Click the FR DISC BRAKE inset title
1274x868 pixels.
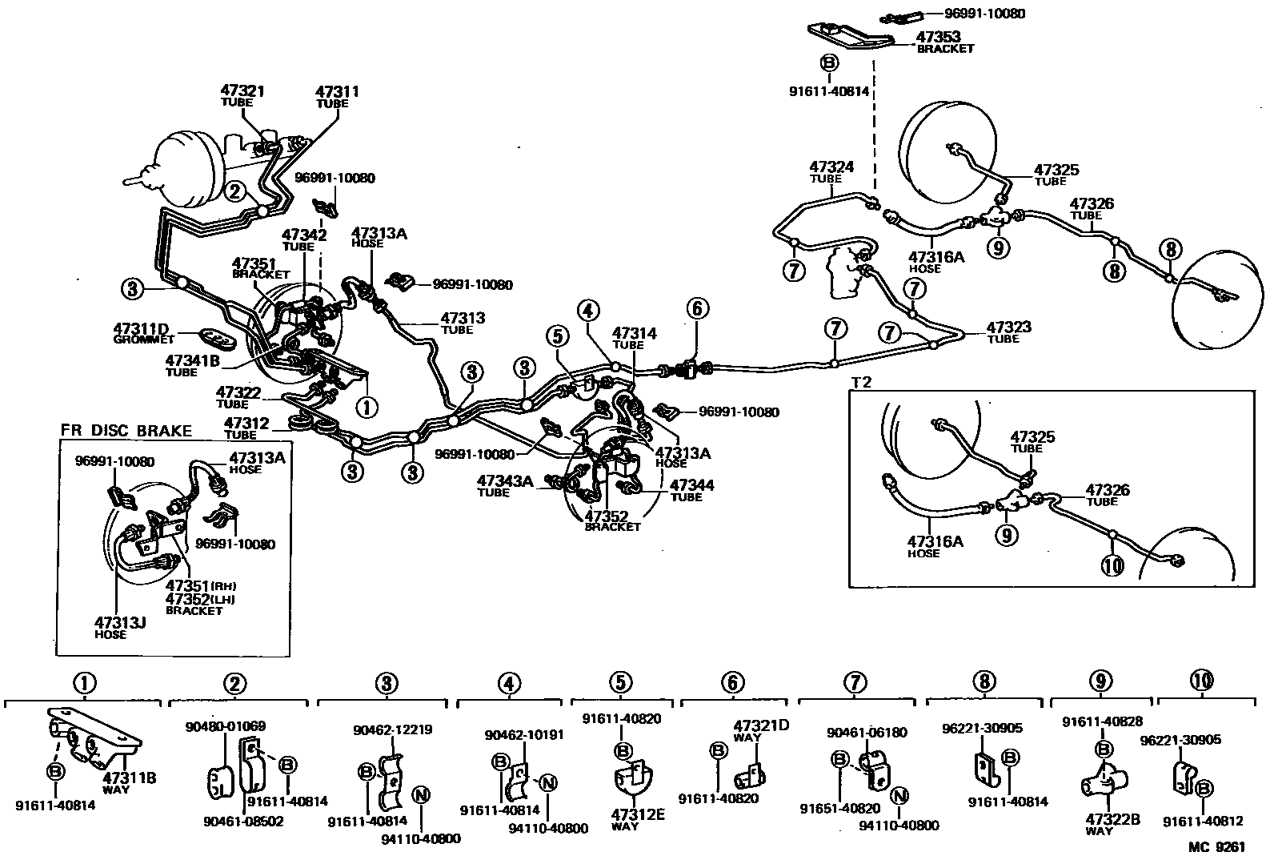pos(126,431)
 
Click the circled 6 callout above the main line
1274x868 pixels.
pos(696,308)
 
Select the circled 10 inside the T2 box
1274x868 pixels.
pos(1113,565)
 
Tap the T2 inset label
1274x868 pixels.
pos(862,382)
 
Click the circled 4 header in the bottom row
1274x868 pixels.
pos(508,683)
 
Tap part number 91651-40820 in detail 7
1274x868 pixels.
pos(828,808)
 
